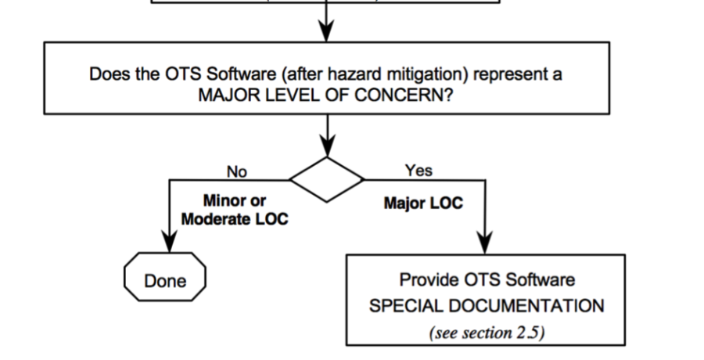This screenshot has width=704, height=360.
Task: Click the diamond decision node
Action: point(327,179)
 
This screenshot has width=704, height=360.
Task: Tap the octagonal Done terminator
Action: point(165,280)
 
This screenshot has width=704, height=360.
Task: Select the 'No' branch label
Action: point(236,171)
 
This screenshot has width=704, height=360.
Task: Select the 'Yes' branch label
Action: point(418,170)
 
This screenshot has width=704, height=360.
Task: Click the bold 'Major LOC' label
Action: point(423,203)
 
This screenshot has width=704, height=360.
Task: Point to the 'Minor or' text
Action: point(235,200)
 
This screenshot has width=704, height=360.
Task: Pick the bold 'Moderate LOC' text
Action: point(235,219)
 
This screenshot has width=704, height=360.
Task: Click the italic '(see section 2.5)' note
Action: point(486,331)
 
